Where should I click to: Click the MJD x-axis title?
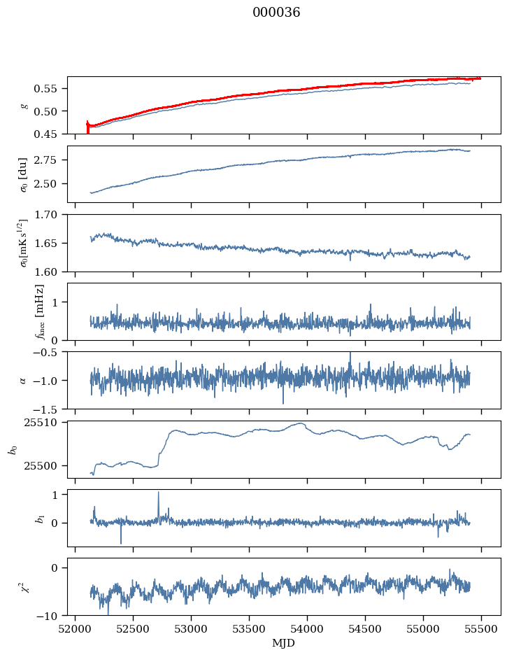(x=284, y=643)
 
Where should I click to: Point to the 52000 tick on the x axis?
(x=76, y=628)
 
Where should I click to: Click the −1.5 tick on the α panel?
(x=48, y=409)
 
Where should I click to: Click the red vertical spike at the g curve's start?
(x=87, y=126)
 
